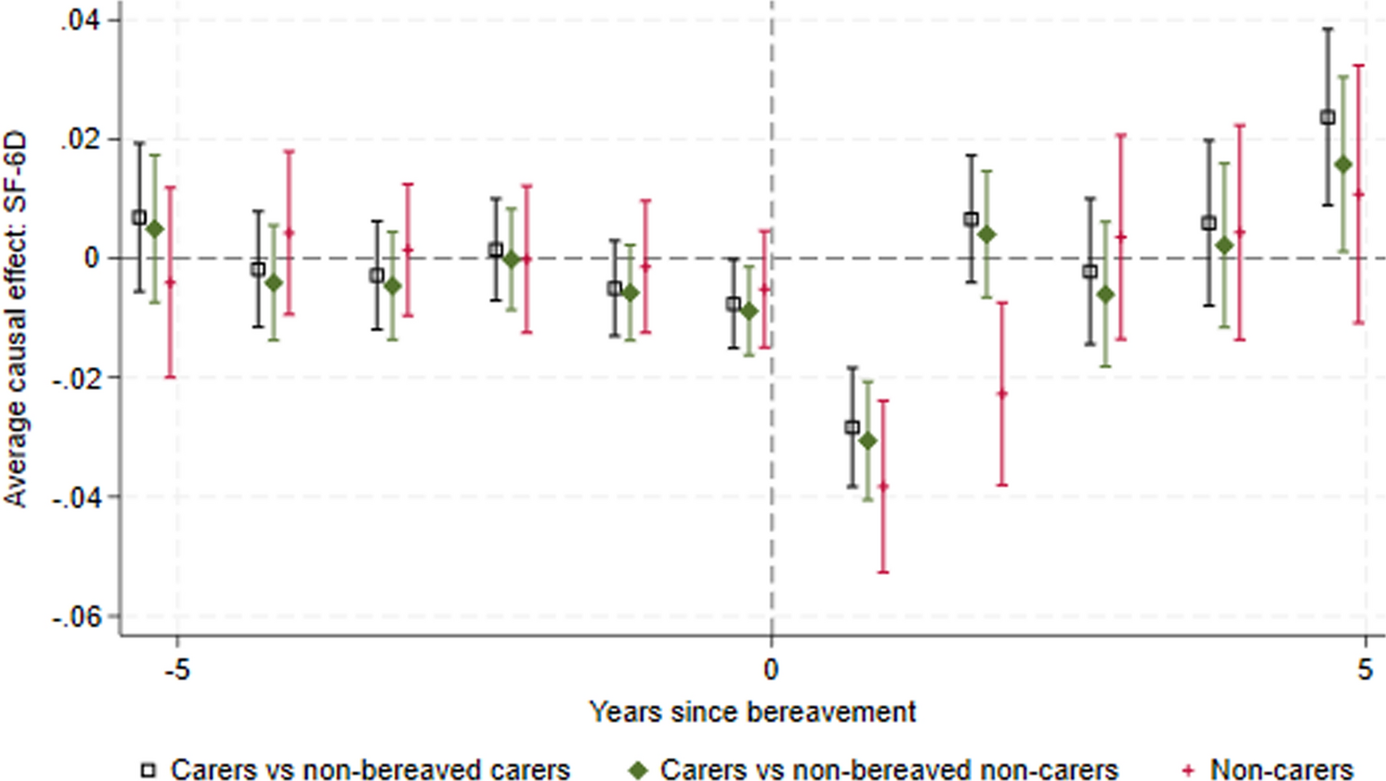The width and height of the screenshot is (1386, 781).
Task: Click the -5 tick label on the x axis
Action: click(177, 669)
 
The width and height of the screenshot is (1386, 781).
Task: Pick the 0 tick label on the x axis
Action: click(771, 669)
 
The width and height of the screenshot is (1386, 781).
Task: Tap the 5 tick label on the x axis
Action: click(1365, 669)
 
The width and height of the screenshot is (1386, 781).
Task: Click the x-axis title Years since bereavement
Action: click(753, 712)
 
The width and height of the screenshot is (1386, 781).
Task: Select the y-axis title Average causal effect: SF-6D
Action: click(16, 319)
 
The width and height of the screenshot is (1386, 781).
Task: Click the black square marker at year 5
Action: click(1328, 117)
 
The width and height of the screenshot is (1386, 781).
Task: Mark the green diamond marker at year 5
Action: click(1343, 165)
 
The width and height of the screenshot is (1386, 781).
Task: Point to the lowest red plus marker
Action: click(883, 486)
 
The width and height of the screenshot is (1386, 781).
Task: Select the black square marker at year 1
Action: click(852, 427)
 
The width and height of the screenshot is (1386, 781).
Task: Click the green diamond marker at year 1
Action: click(868, 441)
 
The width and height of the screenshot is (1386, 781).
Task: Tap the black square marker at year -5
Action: click(140, 218)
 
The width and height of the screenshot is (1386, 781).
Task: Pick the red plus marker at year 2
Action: click(1001, 394)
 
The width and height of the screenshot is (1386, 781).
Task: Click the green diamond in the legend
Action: click(638, 769)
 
